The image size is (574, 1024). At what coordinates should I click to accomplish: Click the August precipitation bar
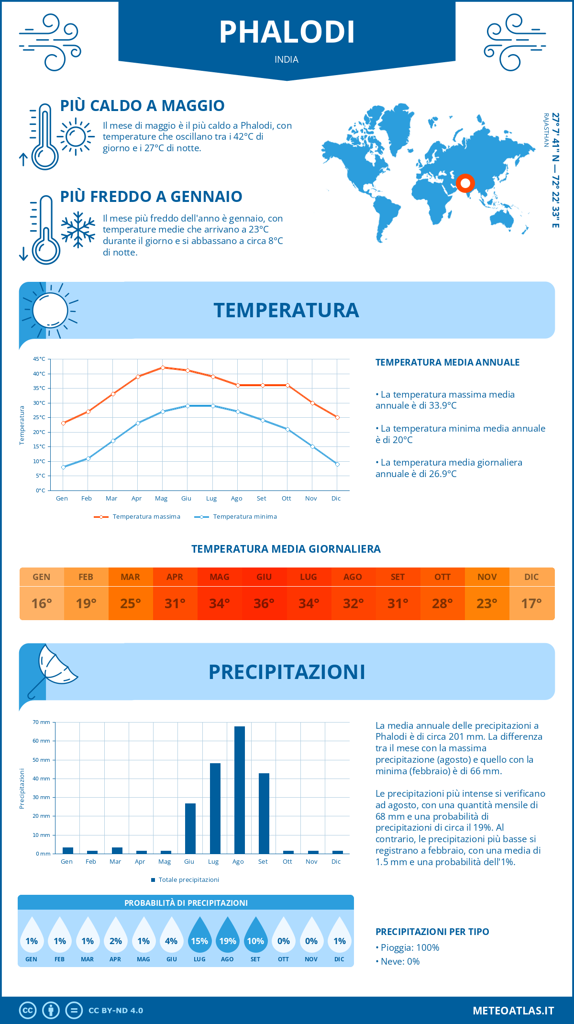coord(239,790)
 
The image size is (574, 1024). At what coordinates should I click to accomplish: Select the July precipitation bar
coord(215,808)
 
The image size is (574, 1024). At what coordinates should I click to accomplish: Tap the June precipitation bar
coord(190,828)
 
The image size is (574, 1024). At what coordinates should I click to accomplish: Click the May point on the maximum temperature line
coord(163,367)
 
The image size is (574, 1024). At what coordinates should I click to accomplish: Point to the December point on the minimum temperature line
coord(337,464)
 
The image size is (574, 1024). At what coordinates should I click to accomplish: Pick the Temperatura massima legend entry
coord(137,517)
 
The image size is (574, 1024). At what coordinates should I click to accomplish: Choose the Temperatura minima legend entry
coord(236,517)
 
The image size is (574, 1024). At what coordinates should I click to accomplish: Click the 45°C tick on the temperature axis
coord(39,359)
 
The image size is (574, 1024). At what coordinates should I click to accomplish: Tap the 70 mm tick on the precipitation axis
coord(42,722)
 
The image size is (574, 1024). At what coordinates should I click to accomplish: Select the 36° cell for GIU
coord(264,603)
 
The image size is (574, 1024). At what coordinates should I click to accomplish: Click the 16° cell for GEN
coord(42,603)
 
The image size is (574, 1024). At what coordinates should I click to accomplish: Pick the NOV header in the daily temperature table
coord(487,577)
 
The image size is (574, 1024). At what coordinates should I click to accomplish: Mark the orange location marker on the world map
coord(465,183)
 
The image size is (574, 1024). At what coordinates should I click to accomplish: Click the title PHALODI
coord(287,33)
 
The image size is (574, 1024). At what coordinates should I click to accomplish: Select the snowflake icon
coord(78,230)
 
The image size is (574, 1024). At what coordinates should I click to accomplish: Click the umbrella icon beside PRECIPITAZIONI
coord(53,670)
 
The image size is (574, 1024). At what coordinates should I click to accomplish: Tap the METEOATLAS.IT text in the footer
coord(513,1011)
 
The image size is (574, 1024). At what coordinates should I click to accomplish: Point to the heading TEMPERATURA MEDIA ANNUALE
coord(447,362)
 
